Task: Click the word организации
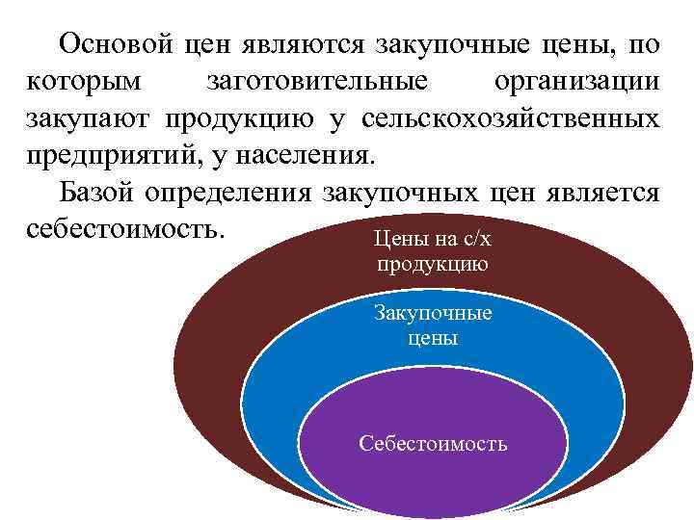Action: pyautogui.click(x=576, y=82)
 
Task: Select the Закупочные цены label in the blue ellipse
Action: pyautogui.click(x=433, y=326)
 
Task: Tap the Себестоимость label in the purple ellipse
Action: pyautogui.click(x=433, y=444)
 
